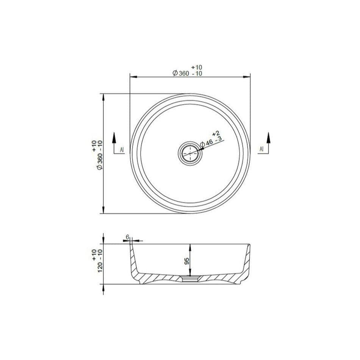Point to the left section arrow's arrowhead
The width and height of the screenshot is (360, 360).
(114, 136)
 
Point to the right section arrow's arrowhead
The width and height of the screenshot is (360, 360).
(268, 136)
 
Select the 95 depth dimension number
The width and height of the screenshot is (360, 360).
(187, 261)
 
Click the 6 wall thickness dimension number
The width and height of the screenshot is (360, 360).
(128, 237)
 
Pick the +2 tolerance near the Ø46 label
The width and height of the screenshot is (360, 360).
(216, 134)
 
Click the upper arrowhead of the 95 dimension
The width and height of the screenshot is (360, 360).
(190, 247)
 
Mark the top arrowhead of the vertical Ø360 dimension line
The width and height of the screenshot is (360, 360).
(103, 96)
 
